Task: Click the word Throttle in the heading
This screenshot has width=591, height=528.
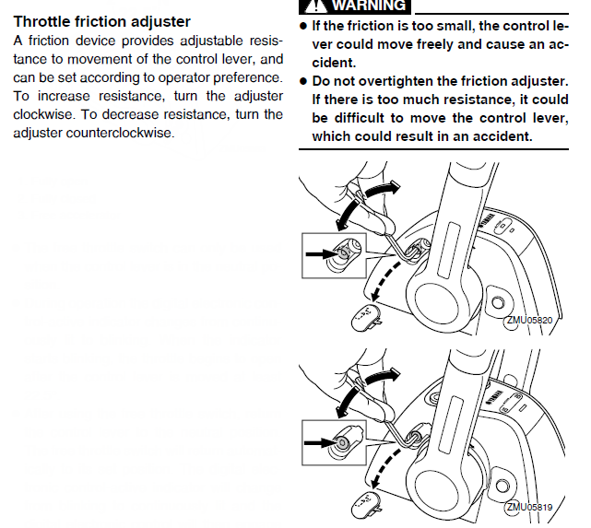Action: [x=45, y=21]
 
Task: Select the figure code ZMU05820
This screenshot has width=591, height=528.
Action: [x=528, y=321]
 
